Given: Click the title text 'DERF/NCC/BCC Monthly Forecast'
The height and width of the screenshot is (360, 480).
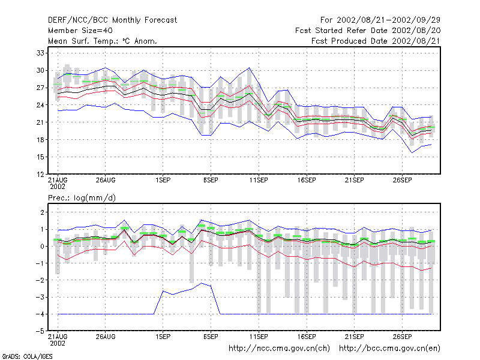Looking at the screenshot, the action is click(112, 20).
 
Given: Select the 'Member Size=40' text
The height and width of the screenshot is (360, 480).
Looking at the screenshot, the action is click(80, 31).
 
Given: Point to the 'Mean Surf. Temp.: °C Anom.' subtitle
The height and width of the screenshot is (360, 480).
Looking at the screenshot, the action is click(103, 41).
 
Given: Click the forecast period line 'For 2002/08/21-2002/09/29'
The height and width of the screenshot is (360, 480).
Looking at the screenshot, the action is click(380, 20).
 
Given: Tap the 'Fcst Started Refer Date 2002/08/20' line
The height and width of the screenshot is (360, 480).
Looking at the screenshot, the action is click(368, 31).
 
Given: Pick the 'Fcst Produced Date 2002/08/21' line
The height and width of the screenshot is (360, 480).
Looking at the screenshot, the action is click(376, 41).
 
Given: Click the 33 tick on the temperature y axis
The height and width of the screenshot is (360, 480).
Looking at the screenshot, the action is click(40, 53).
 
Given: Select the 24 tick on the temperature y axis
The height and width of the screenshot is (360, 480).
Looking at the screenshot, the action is click(40, 105).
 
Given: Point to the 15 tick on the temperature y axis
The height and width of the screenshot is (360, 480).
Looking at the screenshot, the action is click(40, 157).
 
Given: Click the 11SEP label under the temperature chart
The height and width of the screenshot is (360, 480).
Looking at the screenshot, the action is click(259, 180).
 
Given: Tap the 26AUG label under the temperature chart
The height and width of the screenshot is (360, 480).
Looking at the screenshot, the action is click(106, 180).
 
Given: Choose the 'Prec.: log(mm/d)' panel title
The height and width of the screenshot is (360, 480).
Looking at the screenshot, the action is click(82, 198).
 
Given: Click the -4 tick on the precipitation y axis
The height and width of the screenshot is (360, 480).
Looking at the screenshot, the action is click(40, 314).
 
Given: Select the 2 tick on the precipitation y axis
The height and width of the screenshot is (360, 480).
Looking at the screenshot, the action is click(43, 212).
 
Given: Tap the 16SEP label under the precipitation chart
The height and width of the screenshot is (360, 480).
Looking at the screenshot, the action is click(307, 337).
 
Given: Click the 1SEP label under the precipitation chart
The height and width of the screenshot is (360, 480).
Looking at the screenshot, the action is click(163, 337).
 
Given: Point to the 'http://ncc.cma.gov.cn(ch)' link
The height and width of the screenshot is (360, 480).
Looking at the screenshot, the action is click(279, 349).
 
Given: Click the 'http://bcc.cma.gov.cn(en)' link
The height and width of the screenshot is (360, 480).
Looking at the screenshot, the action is click(389, 349).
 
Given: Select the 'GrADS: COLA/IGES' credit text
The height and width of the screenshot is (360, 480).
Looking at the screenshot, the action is click(27, 356).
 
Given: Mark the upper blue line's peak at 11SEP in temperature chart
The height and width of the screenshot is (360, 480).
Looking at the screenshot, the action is click(249, 68).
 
